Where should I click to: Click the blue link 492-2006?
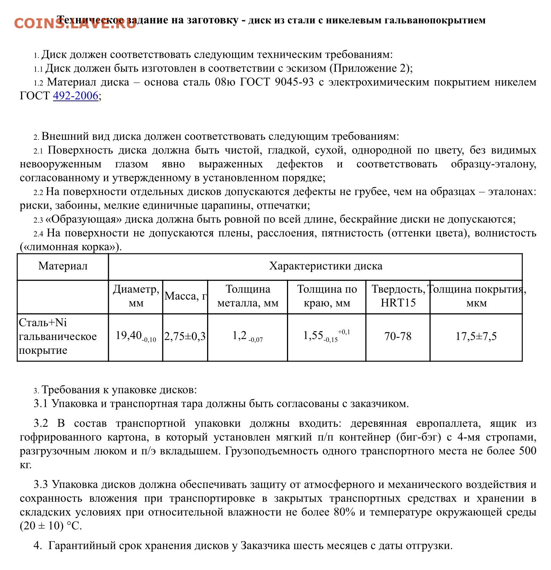(x=75, y=96)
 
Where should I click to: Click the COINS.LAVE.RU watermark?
(x=75, y=23)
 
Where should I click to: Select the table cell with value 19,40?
(x=135, y=337)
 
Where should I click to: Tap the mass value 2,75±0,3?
(x=185, y=337)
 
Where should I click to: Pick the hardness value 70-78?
(x=398, y=337)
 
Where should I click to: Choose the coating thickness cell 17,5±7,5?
(x=476, y=337)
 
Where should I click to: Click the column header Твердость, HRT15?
(x=398, y=296)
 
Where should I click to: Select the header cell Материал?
(x=63, y=266)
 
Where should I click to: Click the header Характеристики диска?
(x=326, y=266)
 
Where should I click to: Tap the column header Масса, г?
(x=185, y=296)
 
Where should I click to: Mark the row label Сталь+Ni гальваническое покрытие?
(x=58, y=337)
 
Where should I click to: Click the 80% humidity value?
(x=344, y=512)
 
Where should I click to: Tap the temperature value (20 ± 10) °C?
(x=51, y=526)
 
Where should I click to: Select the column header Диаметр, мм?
(x=136, y=296)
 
